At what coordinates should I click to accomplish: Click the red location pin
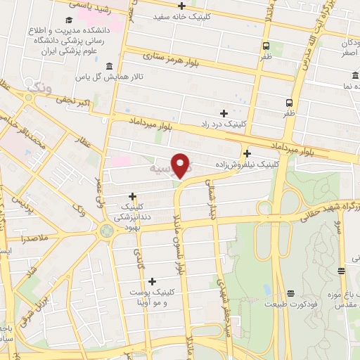(181, 165)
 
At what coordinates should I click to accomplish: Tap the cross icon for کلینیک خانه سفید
(182, 6)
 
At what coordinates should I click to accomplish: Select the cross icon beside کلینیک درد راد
(224, 113)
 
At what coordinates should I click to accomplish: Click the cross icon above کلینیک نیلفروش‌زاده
(247, 153)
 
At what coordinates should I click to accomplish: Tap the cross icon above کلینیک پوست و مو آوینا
(151, 281)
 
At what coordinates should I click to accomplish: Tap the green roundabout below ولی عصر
(107, 230)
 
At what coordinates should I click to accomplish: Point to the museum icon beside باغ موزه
(341, 271)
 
